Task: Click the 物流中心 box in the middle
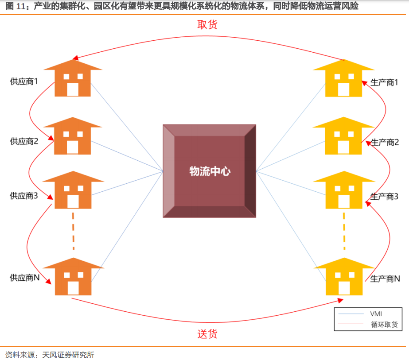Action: pos(210,171)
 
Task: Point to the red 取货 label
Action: pos(207,25)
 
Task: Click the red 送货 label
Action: pos(207,334)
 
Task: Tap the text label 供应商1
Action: pos(24,81)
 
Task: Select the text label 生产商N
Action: pos(385,279)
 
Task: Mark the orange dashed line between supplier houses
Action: pos(73,231)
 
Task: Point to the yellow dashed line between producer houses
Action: pos(344,231)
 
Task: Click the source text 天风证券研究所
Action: pos(68,355)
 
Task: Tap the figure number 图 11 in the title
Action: pos(16,6)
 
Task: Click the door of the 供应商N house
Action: pos(73,288)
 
